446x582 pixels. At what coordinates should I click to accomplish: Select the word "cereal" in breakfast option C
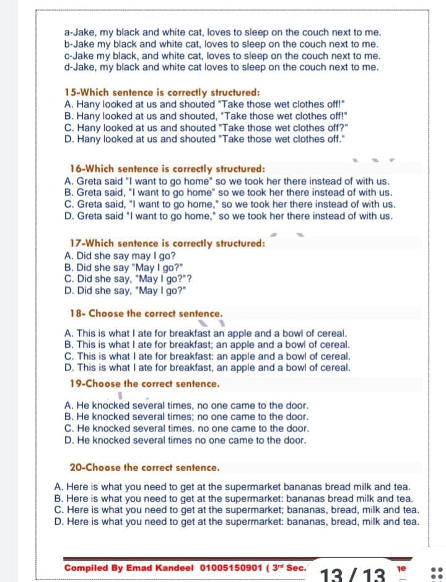(336, 356)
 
